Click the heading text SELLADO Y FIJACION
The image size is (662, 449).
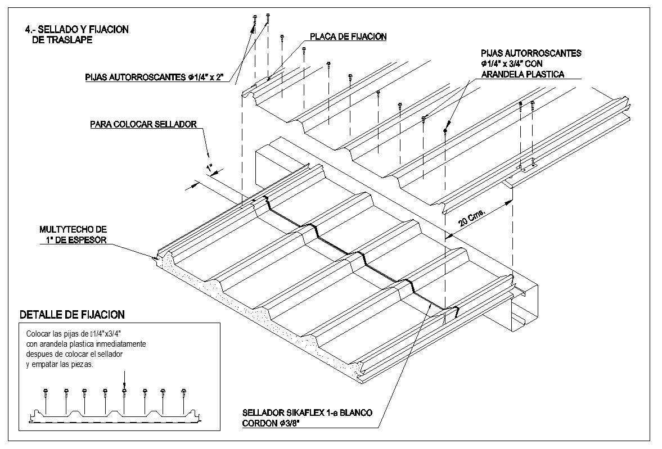tap(79, 30)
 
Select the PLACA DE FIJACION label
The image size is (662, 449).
tap(348, 37)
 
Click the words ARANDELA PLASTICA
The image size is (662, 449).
tap(522, 74)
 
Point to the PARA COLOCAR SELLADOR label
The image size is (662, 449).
tap(143, 124)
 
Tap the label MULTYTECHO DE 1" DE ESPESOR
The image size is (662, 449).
tap(73, 234)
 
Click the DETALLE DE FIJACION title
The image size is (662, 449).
tap(72, 315)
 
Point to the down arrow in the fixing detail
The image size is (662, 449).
tap(124, 379)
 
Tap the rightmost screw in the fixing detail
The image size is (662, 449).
tap(183, 391)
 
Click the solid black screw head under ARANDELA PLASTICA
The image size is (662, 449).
tap(445, 130)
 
